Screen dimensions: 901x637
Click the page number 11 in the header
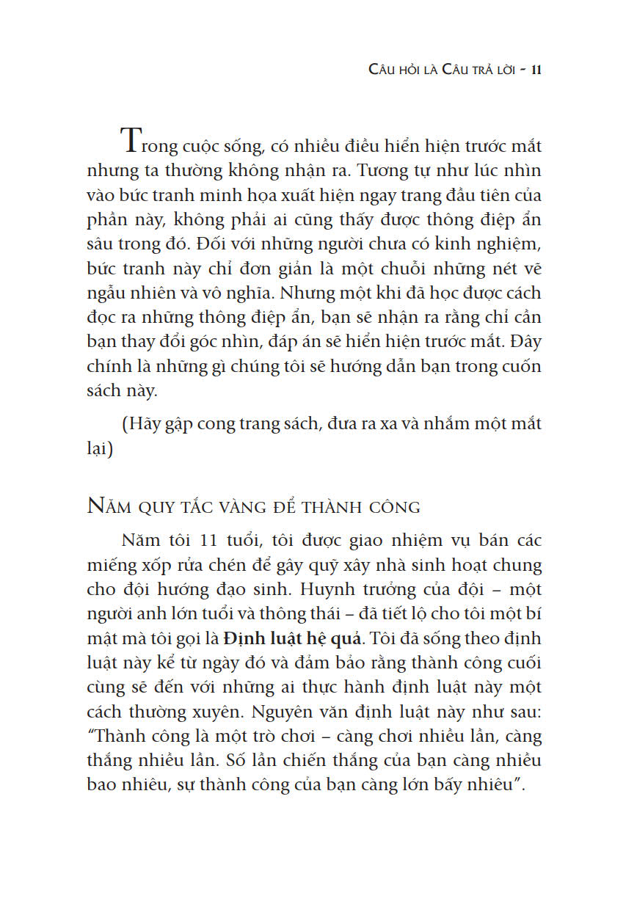coord(535,70)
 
